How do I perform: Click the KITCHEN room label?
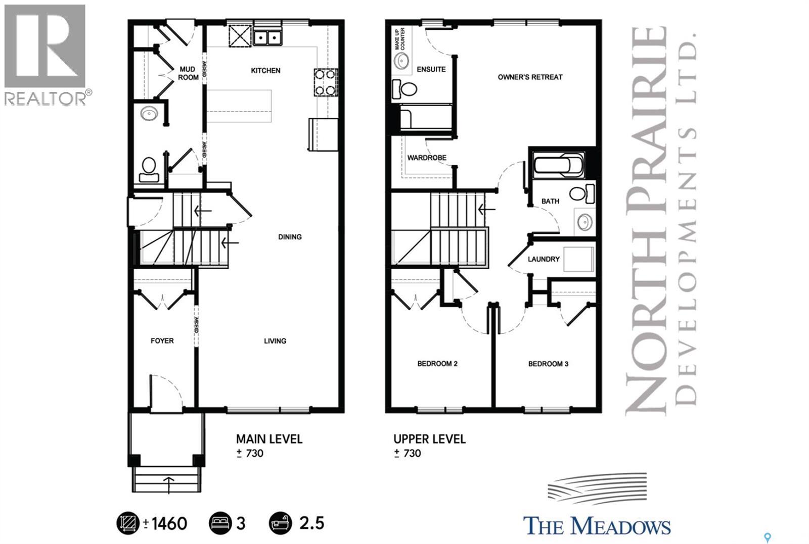click(x=265, y=71)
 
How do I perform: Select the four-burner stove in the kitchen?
click(x=326, y=82)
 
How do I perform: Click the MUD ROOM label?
click(x=188, y=73)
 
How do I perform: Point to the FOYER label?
click(x=162, y=341)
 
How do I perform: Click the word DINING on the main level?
click(x=290, y=237)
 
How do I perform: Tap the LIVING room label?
click(x=275, y=341)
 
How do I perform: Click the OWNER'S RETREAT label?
click(x=530, y=77)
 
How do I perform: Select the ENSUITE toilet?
click(x=404, y=90)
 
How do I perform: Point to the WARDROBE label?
click(x=427, y=158)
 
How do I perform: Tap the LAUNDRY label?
click(x=544, y=259)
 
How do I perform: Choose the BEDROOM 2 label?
click(x=437, y=364)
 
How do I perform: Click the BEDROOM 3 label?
click(x=548, y=364)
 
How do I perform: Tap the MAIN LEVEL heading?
click(x=269, y=439)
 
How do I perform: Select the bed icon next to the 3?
click(x=220, y=523)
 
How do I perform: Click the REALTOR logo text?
click(x=46, y=97)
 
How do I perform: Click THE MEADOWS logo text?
click(x=597, y=526)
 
